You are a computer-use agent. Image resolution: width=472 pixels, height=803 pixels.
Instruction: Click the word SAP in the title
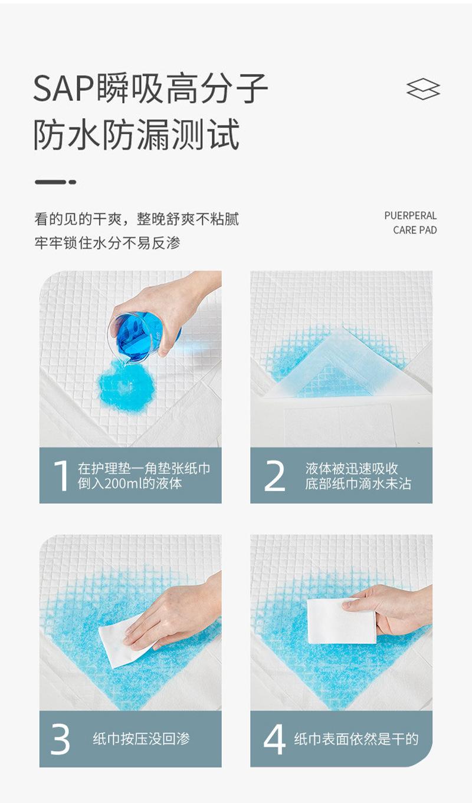point(64,88)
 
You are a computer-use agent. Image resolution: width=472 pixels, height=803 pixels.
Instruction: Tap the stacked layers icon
point(423,88)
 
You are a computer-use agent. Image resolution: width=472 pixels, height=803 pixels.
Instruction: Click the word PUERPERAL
point(410,215)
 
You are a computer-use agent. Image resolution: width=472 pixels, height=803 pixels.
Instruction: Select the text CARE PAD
point(415,230)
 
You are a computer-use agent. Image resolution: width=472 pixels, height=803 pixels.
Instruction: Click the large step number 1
point(61,475)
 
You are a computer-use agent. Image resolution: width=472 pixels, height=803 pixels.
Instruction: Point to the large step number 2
point(274,476)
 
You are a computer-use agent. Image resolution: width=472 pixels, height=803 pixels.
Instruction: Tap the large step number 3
point(60,739)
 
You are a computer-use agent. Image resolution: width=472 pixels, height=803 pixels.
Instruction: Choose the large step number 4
point(274,739)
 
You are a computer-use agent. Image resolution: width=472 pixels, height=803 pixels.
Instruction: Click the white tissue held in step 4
point(341,621)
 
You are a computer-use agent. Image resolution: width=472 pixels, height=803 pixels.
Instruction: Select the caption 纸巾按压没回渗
point(142,739)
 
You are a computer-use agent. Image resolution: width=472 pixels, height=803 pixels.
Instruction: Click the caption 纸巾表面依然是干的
point(356,739)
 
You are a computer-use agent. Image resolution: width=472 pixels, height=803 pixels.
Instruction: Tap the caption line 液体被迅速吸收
point(352,468)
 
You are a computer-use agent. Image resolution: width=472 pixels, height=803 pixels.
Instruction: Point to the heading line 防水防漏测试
point(137,134)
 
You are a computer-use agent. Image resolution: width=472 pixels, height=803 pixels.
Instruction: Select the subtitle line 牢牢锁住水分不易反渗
point(107,243)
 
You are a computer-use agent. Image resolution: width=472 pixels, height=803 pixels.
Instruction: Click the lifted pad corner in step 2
point(337,366)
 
